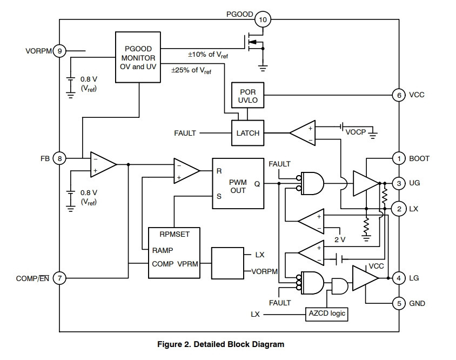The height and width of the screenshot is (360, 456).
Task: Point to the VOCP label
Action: pyautogui.click(x=356, y=132)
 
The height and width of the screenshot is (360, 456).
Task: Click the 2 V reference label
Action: pyautogui.click(x=340, y=239)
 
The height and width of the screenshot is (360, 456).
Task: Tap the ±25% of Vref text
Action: pyautogui.click(x=191, y=70)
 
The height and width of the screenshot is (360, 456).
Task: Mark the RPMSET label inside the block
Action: pyautogui.click(x=175, y=234)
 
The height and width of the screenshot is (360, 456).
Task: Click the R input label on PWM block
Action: pyautogui.click(x=219, y=171)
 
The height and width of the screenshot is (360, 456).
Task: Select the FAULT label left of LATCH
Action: pyautogui.click(x=185, y=134)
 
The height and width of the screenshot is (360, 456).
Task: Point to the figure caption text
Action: pyautogui.click(x=221, y=344)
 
